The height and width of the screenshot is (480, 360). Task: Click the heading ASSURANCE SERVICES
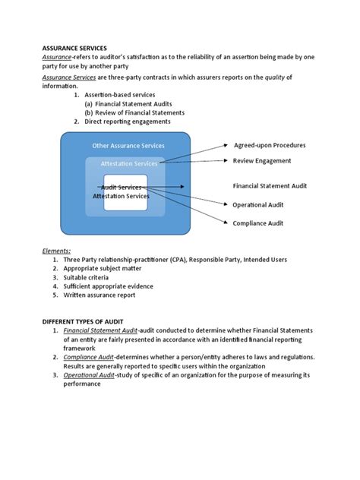74,47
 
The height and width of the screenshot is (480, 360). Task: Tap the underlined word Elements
56,250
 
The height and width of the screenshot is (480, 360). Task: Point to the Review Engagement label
261,161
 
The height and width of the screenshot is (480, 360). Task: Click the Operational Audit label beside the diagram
258,204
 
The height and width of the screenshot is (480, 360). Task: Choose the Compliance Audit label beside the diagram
258,223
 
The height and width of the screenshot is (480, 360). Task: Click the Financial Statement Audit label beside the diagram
270,185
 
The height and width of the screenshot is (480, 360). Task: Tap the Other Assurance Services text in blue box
128,145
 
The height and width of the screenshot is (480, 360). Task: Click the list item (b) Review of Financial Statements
134,112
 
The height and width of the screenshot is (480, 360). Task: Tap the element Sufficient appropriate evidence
109,286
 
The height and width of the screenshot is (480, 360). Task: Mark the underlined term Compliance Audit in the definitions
90,356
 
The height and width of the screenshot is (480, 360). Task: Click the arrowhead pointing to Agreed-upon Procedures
225,144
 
